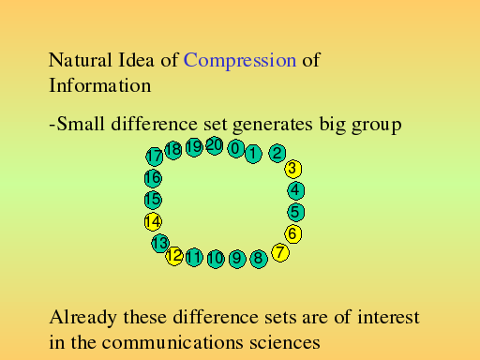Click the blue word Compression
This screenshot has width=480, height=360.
pos(240,61)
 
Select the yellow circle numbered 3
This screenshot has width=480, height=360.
pos(293,169)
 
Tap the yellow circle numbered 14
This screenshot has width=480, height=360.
pos(153,222)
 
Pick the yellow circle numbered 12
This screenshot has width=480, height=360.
pos(174,256)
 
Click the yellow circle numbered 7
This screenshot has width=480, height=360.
pos(280,252)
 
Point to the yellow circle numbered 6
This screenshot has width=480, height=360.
pos(293,233)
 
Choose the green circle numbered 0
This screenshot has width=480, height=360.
pos(236,148)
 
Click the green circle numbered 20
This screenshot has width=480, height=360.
pos(215,145)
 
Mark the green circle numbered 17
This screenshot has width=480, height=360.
pos(155,157)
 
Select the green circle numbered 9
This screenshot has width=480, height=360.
pos(237,259)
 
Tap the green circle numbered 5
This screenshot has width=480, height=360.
pos(296,212)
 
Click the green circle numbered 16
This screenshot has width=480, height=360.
pos(153,178)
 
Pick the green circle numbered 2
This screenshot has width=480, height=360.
pos(277,153)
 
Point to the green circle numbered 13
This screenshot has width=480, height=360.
pos(160,243)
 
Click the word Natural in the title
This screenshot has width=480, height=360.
pos(81,60)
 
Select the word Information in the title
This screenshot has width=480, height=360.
pos(100,85)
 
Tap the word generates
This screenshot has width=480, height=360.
pos(273,125)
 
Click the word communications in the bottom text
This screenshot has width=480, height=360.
pos(172,342)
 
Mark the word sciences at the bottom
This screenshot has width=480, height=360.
pos(285,342)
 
